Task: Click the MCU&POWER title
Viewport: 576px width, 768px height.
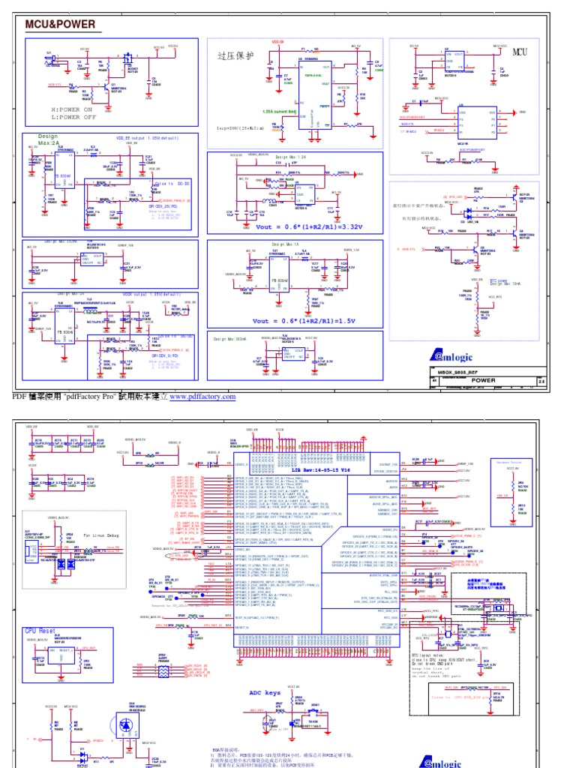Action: pyautogui.click(x=61, y=25)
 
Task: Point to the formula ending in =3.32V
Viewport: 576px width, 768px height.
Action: pyautogui.click(x=297, y=226)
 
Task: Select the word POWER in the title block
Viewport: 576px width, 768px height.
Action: pyautogui.click(x=484, y=380)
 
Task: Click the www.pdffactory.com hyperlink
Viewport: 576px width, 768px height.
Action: pyautogui.click(x=202, y=397)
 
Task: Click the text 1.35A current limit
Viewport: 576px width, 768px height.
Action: pyautogui.click(x=279, y=112)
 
